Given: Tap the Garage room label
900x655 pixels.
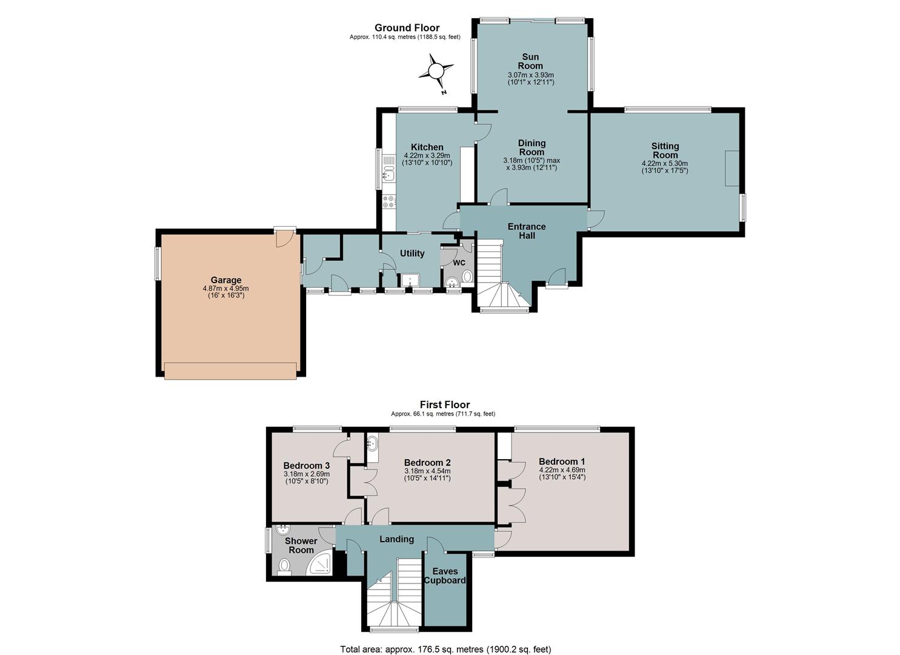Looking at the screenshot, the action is tap(226, 280).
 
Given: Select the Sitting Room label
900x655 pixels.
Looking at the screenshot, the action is tap(665, 150).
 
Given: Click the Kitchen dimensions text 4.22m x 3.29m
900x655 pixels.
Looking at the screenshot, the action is tap(427, 156).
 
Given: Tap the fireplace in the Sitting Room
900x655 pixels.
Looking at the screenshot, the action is tap(732, 168).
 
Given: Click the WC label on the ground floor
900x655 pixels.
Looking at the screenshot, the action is tap(459, 263).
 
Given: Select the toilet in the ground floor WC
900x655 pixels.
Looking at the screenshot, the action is tap(467, 276).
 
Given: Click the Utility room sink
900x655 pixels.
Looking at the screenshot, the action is tap(410, 280).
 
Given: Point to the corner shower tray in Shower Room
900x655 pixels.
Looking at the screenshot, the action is tap(320, 563).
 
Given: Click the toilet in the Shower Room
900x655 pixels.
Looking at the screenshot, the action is tap(284, 566).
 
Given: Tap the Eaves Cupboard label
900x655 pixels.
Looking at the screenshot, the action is tap(445, 576).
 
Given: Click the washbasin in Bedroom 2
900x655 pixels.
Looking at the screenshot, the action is tap(372, 443).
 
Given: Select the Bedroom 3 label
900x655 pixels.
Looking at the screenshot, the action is tap(307, 465).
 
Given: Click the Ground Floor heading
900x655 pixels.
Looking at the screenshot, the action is tap(407, 28).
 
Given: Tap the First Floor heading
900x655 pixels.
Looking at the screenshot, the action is tap(445, 405).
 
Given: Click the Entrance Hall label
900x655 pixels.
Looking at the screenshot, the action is tap(527, 231).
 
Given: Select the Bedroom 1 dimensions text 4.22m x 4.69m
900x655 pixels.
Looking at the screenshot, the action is tap(562, 469).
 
